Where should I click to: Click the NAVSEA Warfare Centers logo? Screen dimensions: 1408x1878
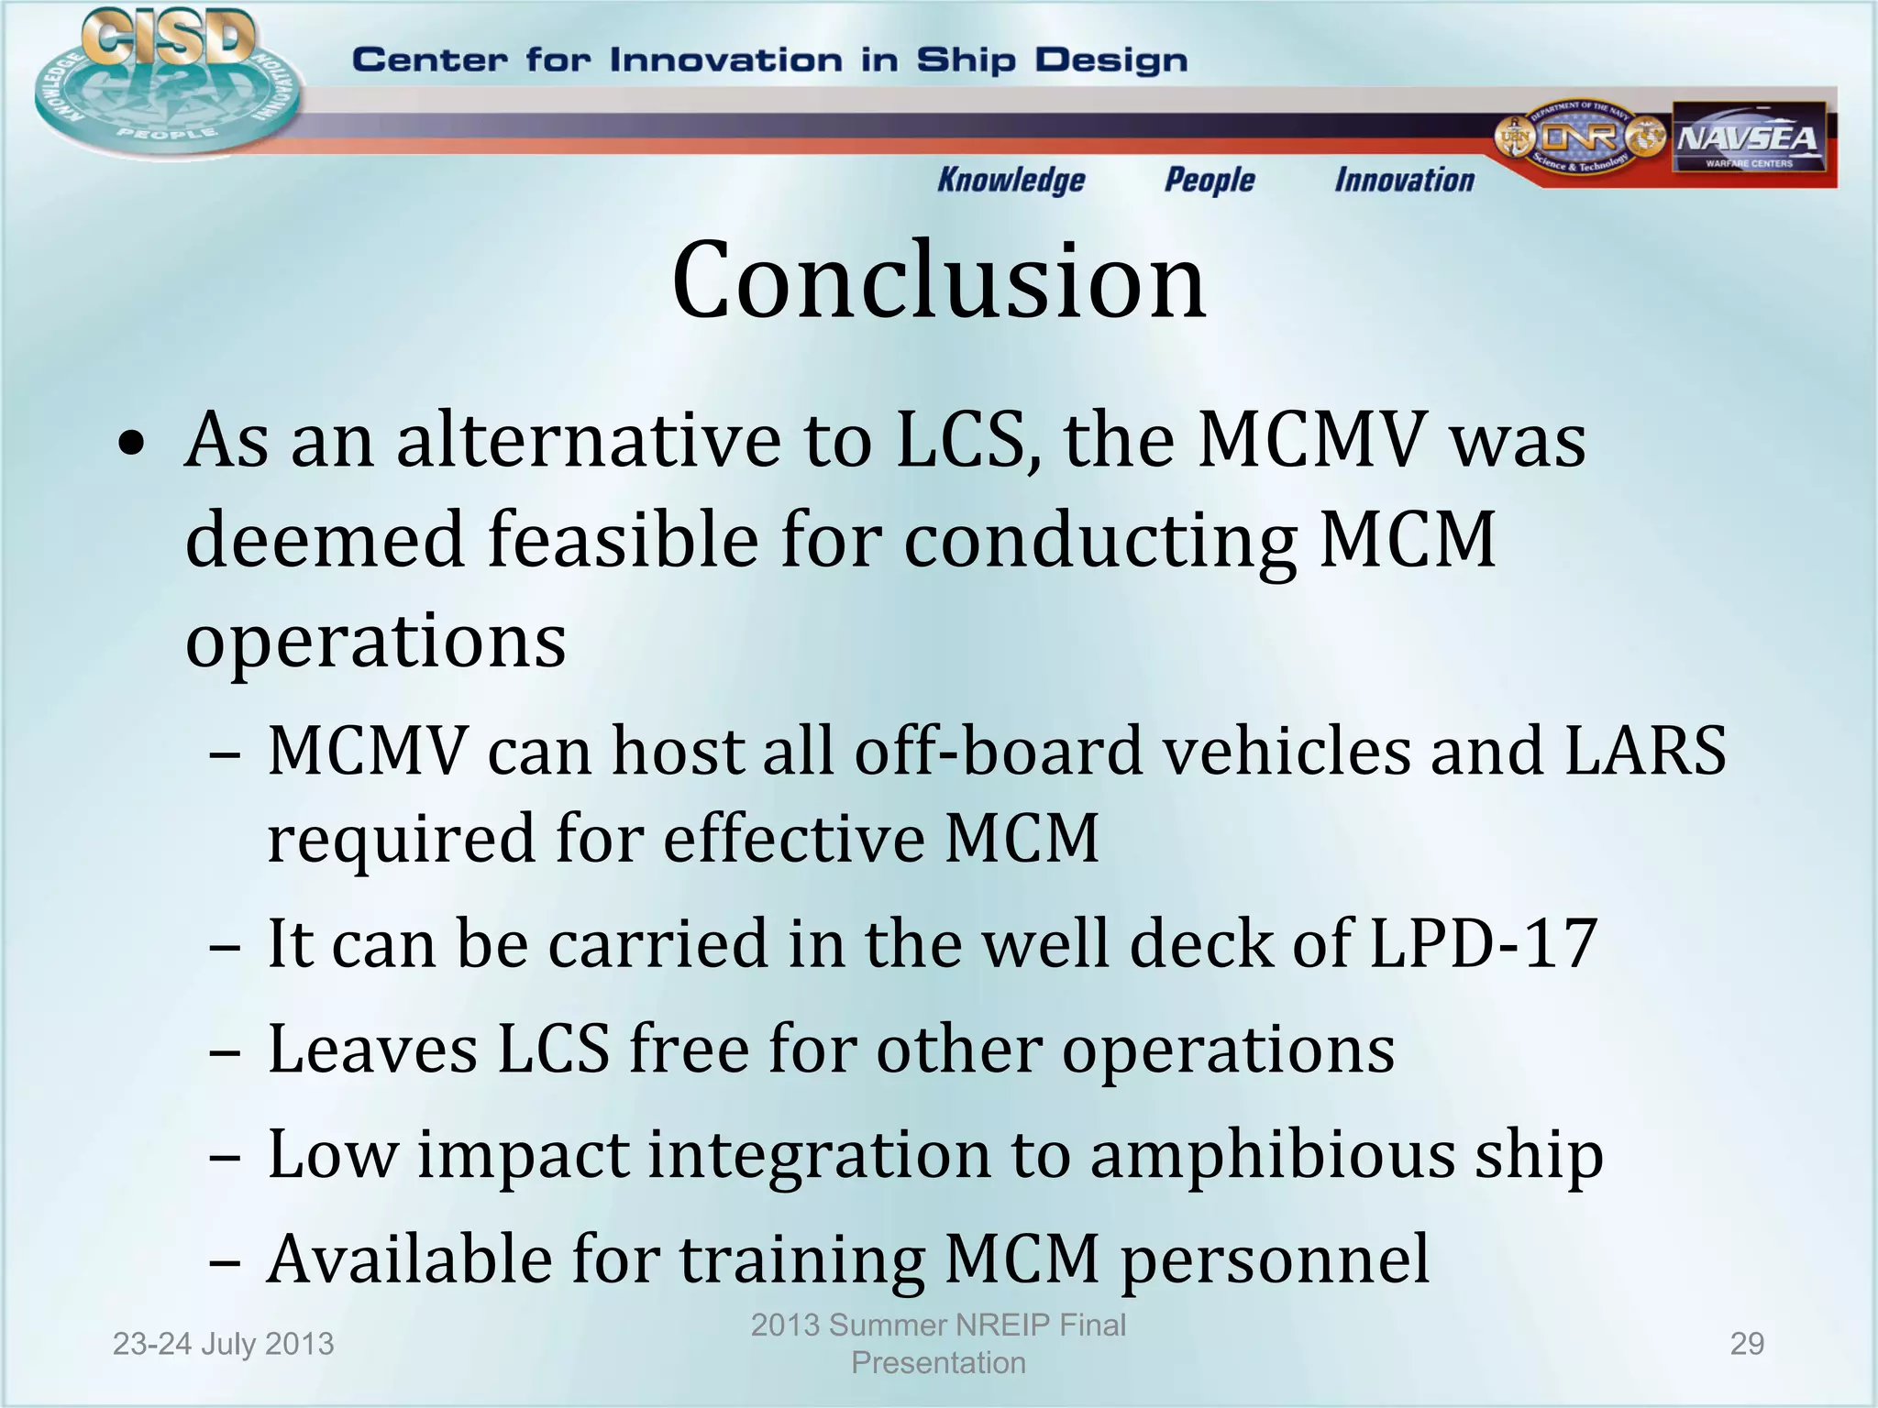[1748, 138]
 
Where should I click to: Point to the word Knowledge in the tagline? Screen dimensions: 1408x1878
[1011, 181]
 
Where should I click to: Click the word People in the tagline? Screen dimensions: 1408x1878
[1209, 181]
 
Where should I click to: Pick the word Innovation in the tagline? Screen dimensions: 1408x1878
[1404, 181]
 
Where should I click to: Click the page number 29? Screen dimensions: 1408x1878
[1746, 1344]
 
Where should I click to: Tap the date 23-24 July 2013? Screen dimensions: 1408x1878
[223, 1344]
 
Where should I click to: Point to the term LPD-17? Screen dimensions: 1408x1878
[1483, 943]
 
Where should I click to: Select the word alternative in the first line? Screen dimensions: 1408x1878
[589, 441]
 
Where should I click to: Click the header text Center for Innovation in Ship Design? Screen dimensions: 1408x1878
[769, 60]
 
